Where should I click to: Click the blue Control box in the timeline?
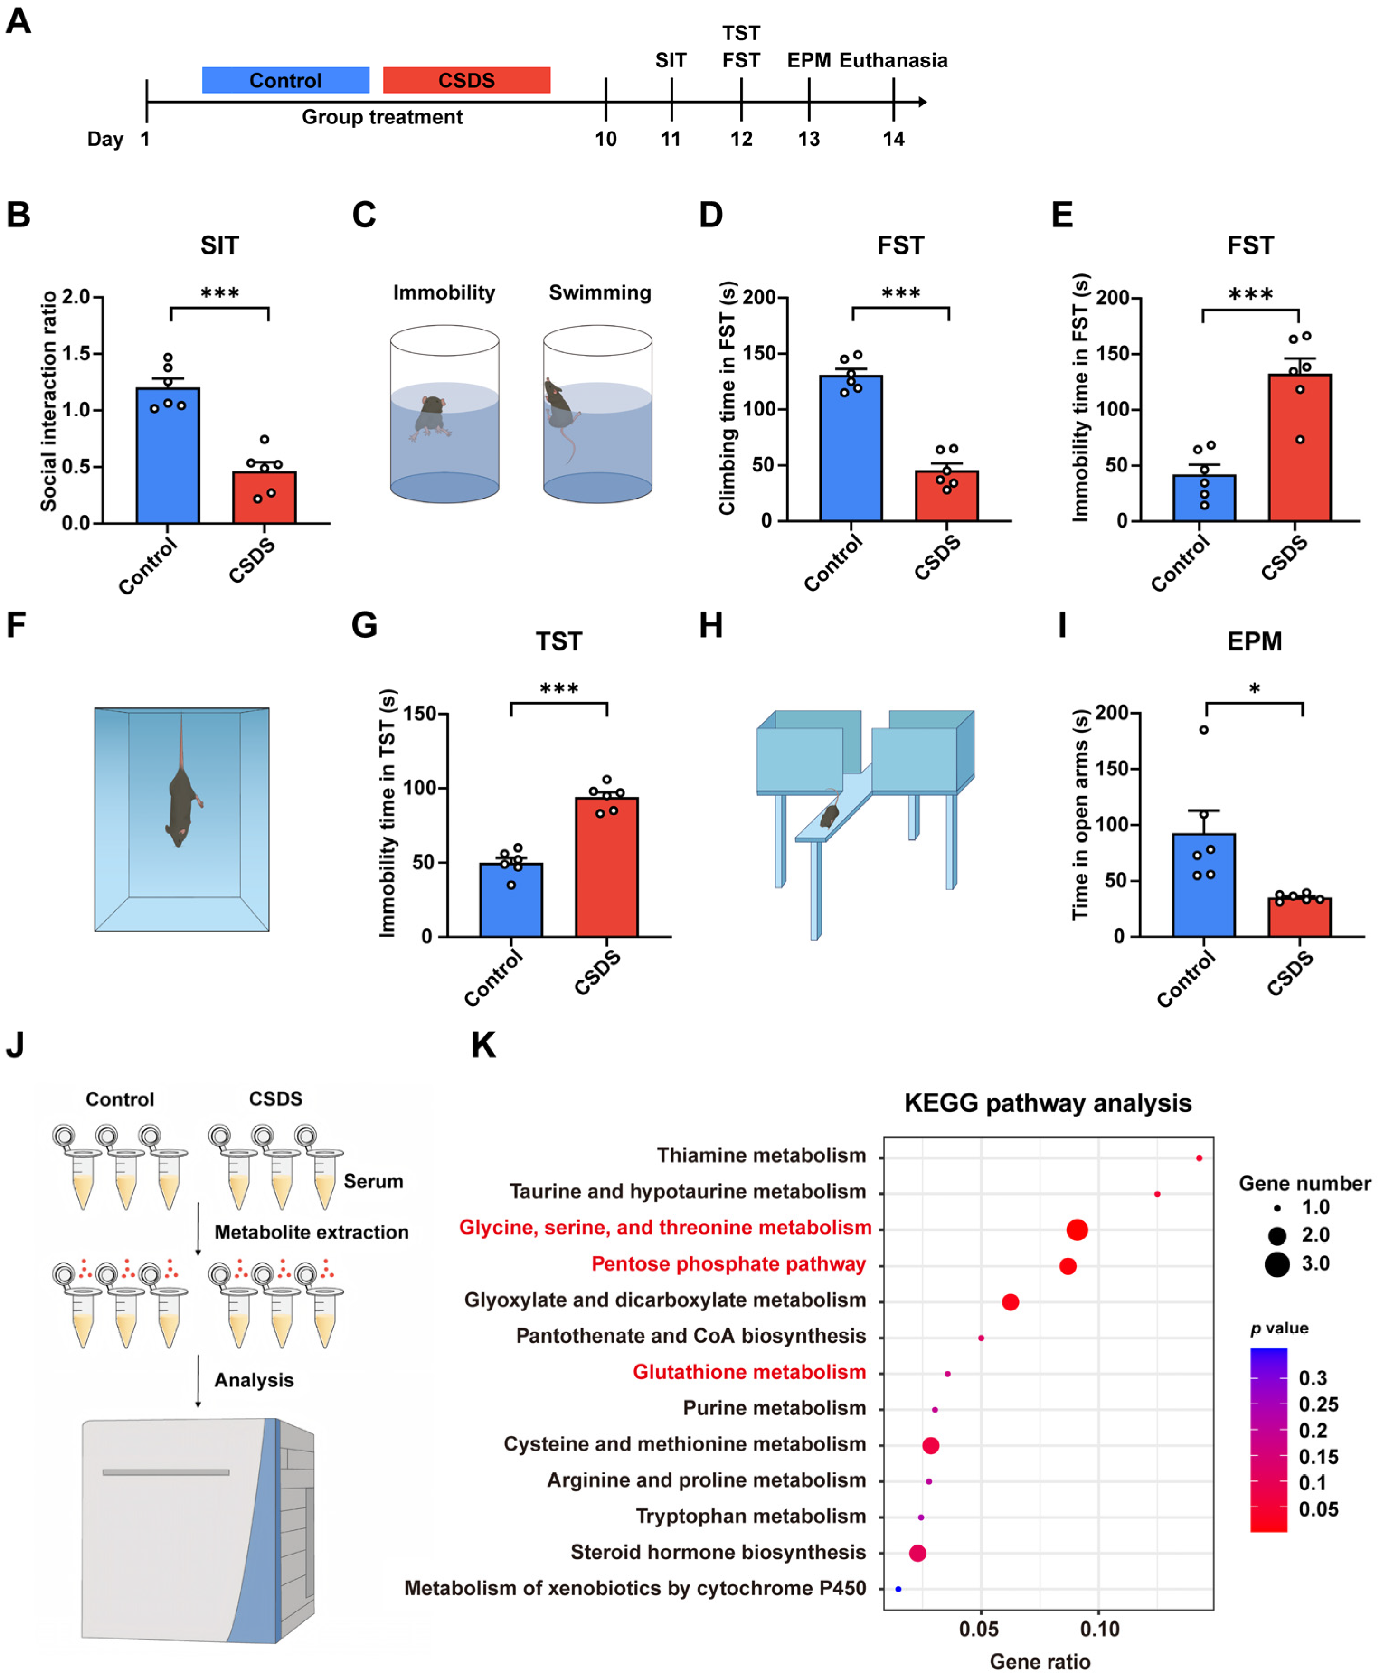pyautogui.click(x=285, y=80)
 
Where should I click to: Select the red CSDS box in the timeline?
pyautogui.click(x=467, y=80)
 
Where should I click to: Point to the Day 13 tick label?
pyautogui.click(x=808, y=139)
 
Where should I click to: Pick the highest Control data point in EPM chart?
pyautogui.click(x=1204, y=730)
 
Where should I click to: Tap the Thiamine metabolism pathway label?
pyautogui.click(x=761, y=1156)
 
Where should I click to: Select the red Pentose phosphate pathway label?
pyautogui.click(x=728, y=1264)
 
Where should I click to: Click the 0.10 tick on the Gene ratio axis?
pyautogui.click(x=1099, y=1630)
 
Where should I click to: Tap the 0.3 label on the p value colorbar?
pyautogui.click(x=1313, y=1378)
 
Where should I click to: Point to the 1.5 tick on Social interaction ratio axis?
pyautogui.click(x=76, y=353)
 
